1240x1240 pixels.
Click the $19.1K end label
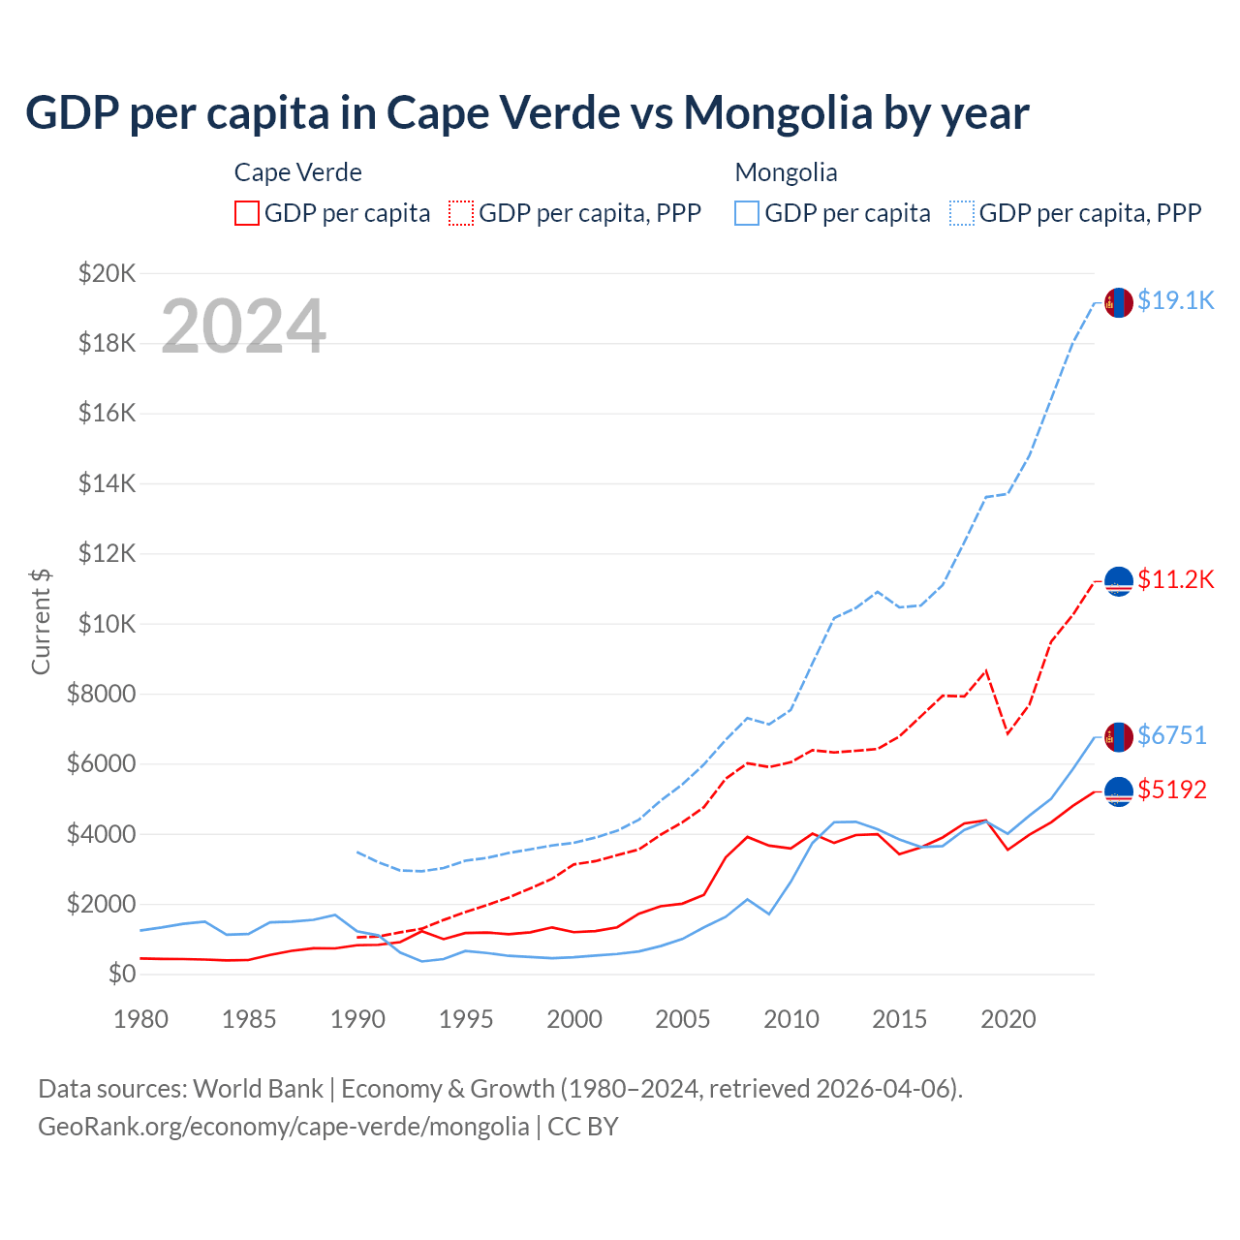[1175, 300]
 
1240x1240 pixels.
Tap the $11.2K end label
[1175, 579]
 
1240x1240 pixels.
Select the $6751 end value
[1172, 735]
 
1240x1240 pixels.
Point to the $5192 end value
[1172, 790]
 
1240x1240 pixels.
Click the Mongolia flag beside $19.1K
[1119, 302]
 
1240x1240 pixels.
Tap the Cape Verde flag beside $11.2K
[1119, 581]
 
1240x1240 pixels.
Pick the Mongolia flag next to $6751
[1119, 737]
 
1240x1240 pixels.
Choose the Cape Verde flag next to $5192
[1119, 791]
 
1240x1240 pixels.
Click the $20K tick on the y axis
[108, 273]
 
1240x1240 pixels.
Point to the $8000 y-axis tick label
[102, 694]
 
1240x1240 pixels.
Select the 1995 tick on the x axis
[466, 1019]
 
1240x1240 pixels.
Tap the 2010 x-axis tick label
[791, 1019]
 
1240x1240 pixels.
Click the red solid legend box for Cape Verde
[247, 213]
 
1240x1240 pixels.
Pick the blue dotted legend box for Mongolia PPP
[962, 213]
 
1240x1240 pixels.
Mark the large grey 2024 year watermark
[243, 326]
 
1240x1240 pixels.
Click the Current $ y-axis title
[41, 621]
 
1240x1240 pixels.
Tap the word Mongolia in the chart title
[778, 113]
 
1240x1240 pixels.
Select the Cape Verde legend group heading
[298, 172]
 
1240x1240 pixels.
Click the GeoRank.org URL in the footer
[284, 1127]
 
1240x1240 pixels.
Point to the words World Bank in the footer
[259, 1089]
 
